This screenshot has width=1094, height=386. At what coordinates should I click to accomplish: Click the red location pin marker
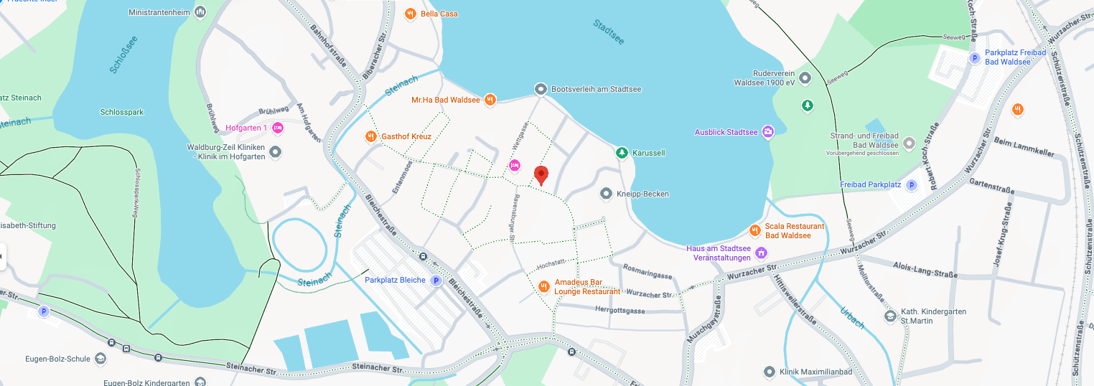tap(541, 174)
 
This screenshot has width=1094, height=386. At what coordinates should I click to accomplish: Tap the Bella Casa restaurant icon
tap(410, 13)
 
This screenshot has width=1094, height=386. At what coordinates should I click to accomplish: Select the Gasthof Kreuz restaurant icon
tap(370, 136)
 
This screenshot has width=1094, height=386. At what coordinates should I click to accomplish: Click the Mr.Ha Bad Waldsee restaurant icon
tap(490, 100)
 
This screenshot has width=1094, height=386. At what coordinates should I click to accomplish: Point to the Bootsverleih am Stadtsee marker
tap(541, 89)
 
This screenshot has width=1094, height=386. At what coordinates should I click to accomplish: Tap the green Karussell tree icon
tap(622, 153)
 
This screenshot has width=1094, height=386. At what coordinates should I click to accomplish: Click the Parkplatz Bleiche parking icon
tap(435, 281)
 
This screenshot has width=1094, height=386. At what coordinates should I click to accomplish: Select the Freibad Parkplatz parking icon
tap(912, 185)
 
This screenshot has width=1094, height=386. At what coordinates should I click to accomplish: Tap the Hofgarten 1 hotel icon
tap(278, 128)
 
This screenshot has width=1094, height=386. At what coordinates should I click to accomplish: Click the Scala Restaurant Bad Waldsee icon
tap(754, 230)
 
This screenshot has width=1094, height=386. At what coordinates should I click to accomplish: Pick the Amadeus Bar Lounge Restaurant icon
tap(543, 286)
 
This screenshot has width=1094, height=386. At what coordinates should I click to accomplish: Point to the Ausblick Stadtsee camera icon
tap(768, 132)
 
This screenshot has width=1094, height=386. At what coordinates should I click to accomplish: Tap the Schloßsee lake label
tap(123, 55)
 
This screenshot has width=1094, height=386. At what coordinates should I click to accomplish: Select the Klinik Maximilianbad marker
tap(769, 372)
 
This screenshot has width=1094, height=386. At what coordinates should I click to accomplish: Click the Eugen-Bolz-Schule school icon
tap(100, 358)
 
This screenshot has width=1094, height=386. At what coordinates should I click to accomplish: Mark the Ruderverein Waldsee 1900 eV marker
tap(805, 77)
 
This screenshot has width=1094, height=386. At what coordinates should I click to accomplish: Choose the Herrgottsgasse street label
tap(620, 311)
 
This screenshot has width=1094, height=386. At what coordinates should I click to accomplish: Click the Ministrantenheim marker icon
tap(200, 12)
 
